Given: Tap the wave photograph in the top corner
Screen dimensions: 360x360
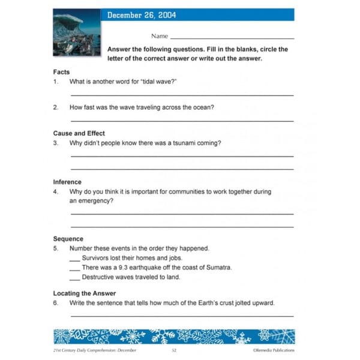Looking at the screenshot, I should tap(77, 32).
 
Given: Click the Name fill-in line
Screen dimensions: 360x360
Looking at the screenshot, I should tap(232, 38).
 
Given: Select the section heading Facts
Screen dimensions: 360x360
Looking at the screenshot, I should tap(61, 72).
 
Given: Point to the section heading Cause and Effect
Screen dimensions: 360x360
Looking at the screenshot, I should tap(79, 133).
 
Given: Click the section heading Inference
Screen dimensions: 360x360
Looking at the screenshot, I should tap(67, 182).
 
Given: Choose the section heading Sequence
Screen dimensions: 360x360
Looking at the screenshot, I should tap(68, 239).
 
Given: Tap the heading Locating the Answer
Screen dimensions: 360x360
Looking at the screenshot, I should tap(84, 293).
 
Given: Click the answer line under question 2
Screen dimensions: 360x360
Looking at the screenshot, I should tap(182, 121).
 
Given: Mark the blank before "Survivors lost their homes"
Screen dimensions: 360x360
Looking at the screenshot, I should tap(74, 259).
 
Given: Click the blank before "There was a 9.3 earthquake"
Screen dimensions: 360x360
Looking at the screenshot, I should tap(74, 269).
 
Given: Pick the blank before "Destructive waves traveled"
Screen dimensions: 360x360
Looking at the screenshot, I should tap(74, 278).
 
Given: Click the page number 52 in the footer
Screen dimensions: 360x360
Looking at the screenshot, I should tap(173, 350).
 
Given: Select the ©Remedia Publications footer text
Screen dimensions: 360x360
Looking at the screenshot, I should tap(273, 350).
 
